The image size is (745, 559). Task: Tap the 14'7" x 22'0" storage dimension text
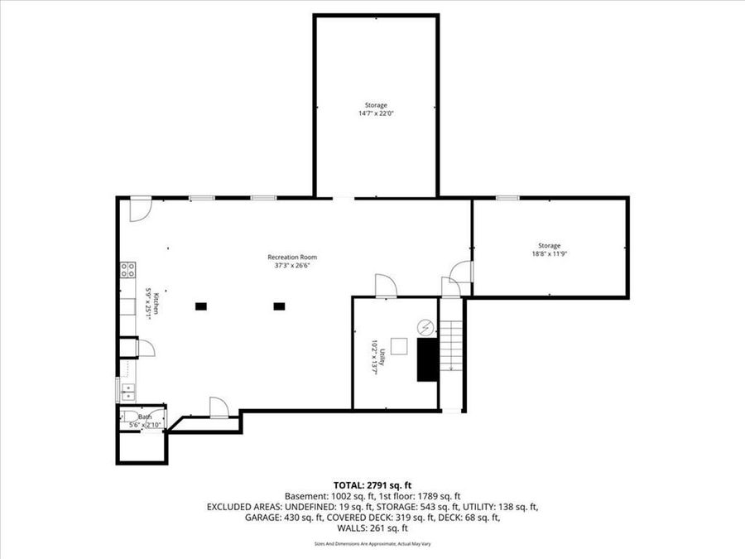tap(376, 113)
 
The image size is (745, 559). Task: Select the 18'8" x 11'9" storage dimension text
tap(549, 253)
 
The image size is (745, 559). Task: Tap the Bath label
tap(145, 417)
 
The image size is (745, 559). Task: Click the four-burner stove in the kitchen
tap(128, 269)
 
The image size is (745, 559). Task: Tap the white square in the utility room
tap(400, 346)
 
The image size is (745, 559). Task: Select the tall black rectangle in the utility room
tap(427, 359)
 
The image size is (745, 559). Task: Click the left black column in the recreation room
tap(200, 306)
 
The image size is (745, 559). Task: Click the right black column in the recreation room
tap(279, 306)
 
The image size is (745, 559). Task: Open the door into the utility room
tap(386, 287)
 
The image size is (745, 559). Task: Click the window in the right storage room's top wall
tap(507, 197)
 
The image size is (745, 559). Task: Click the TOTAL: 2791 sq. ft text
tap(372, 484)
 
